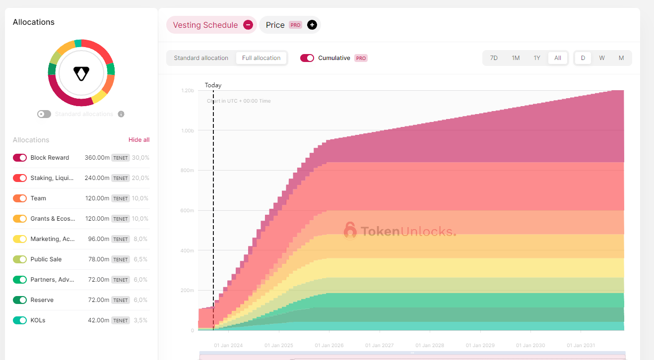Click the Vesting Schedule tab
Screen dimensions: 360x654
pyautogui.click(x=205, y=25)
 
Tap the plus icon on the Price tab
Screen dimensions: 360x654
pyautogui.click(x=312, y=25)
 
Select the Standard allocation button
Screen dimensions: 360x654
pyautogui.click(x=201, y=58)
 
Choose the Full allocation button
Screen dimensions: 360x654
pyautogui.click(x=261, y=58)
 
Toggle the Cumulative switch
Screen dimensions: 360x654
pyautogui.click(x=307, y=58)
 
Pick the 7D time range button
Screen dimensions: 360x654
pyautogui.click(x=494, y=58)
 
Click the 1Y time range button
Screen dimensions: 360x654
pyautogui.click(x=537, y=58)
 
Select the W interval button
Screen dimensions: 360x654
pyautogui.click(x=602, y=58)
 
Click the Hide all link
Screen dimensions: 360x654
pyautogui.click(x=139, y=140)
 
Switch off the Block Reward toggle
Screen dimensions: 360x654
pyautogui.click(x=20, y=158)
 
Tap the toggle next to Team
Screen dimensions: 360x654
pyautogui.click(x=20, y=198)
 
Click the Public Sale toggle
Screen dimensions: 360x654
pyautogui.click(x=20, y=259)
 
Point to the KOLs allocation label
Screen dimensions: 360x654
pyautogui.click(x=38, y=320)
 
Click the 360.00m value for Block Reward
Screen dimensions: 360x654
pyautogui.click(x=97, y=158)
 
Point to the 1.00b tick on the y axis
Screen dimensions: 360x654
pyautogui.click(x=187, y=130)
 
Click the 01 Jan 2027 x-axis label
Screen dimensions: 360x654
pyautogui.click(x=380, y=346)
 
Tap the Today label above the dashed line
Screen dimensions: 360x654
pyautogui.click(x=213, y=85)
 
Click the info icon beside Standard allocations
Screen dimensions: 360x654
pyautogui.click(x=121, y=114)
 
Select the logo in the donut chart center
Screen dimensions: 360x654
pyautogui.click(x=81, y=73)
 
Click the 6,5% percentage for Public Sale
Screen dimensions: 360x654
pyautogui.click(x=140, y=259)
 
